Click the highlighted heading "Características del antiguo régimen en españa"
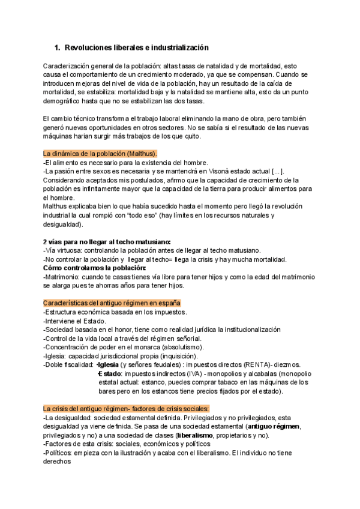tap(112, 303)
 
